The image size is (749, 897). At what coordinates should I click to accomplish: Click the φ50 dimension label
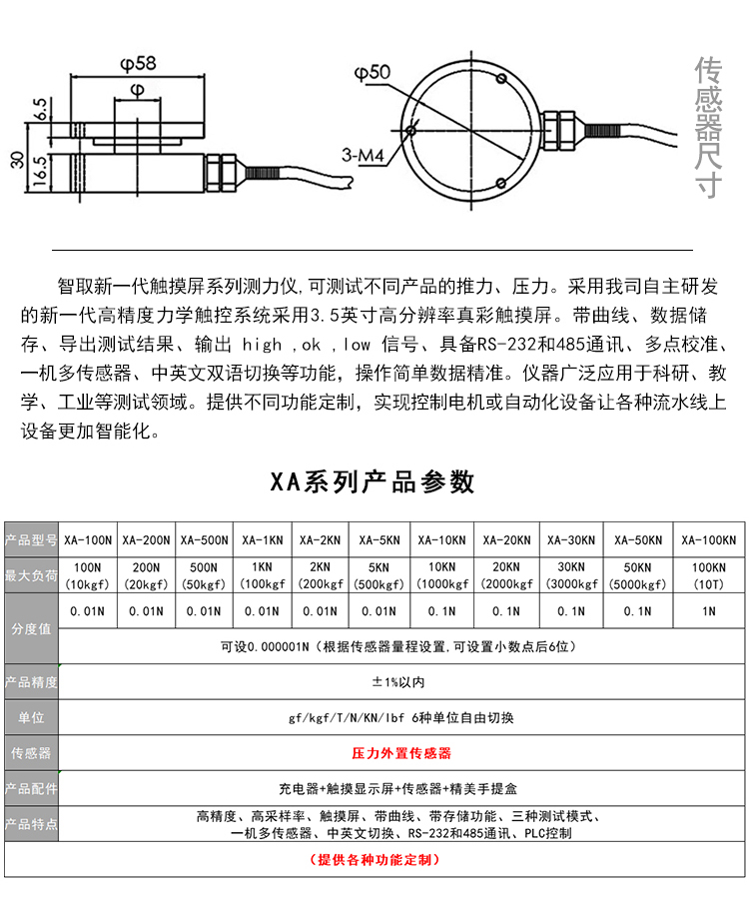pos(372,73)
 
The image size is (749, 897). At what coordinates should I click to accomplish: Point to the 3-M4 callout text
pos(362,157)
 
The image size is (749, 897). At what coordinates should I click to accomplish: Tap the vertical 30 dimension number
pos(15,160)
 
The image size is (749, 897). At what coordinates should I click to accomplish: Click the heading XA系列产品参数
pos(374,482)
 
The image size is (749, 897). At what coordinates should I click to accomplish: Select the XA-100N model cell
pos(88,540)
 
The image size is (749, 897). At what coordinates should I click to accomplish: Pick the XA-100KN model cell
pos(708,540)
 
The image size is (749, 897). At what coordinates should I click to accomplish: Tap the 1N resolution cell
pos(708,610)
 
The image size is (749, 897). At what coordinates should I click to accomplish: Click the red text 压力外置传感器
pos(402,752)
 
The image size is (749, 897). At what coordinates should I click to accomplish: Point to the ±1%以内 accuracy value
pos(397,683)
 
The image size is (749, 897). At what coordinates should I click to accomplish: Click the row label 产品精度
pos(31,683)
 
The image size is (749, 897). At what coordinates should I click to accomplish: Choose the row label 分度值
pos(31,629)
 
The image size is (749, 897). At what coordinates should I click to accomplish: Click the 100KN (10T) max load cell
pos(708,576)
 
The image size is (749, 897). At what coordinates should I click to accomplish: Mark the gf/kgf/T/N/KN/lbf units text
pos(399,718)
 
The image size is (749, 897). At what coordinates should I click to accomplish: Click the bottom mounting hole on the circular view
pos(499,182)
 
